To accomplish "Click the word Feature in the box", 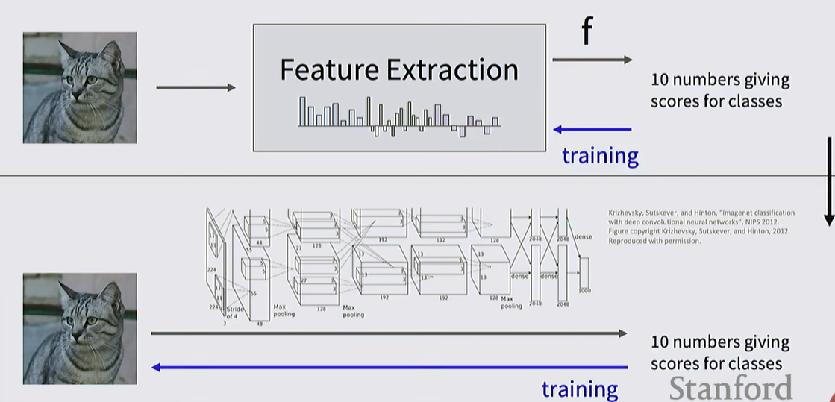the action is pyautogui.click(x=328, y=70).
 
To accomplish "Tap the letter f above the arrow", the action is pyautogui.click(x=587, y=33).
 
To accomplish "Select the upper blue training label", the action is pyautogui.click(x=600, y=156).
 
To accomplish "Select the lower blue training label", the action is pyautogui.click(x=580, y=389).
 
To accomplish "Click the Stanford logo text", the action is pyautogui.click(x=730, y=388).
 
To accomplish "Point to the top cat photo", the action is pyautogui.click(x=80, y=87).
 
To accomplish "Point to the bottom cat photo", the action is pyautogui.click(x=80, y=328).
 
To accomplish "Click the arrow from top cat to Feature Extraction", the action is pyautogui.click(x=196, y=88).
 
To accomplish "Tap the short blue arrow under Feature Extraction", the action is pyautogui.click(x=592, y=130).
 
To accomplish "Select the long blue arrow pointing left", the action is pyautogui.click(x=388, y=367).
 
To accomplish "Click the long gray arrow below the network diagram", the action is pyautogui.click(x=388, y=333).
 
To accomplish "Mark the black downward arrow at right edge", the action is pyautogui.click(x=828, y=183).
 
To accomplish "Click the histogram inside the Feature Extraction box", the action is pyautogui.click(x=399, y=116).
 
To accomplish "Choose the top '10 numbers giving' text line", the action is pyautogui.click(x=719, y=80).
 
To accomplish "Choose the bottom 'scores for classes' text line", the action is pyautogui.click(x=716, y=363).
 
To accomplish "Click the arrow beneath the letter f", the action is pyautogui.click(x=592, y=60).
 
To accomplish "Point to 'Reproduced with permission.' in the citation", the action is pyautogui.click(x=654, y=241).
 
